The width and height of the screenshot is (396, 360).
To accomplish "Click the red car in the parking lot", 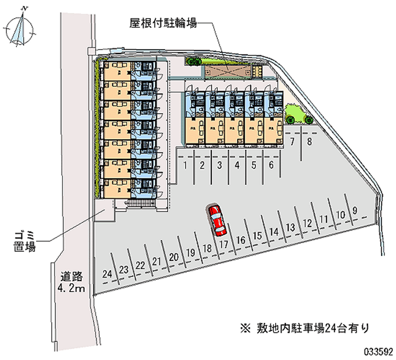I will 216,219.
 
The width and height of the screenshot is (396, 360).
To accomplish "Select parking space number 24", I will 107,273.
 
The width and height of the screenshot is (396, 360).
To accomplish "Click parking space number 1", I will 185,165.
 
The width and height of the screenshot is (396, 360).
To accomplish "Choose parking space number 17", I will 224,244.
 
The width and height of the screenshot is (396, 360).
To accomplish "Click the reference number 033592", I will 377,351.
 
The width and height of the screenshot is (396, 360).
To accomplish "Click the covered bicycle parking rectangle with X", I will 227,72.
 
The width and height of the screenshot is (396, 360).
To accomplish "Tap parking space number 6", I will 271,165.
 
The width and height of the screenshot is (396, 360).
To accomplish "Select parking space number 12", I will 307,223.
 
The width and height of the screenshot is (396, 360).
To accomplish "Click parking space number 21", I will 157,261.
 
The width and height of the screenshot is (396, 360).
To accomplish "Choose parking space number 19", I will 190,253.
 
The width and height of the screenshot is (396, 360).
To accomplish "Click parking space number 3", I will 219,165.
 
